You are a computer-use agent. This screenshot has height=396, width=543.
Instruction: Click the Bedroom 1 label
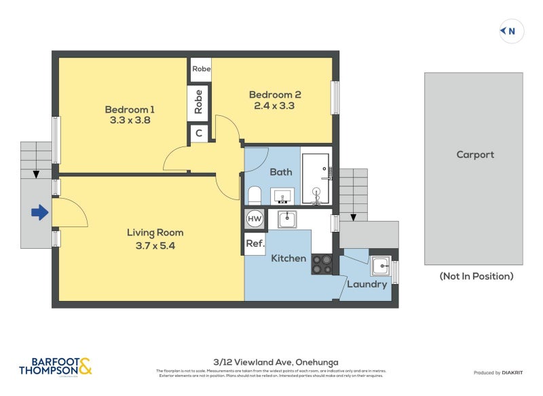pyautogui.click(x=130, y=109)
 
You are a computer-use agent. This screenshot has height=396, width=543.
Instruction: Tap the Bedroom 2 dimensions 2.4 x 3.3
pyautogui.click(x=274, y=106)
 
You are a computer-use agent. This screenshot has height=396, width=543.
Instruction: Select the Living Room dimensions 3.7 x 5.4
pyautogui.click(x=155, y=246)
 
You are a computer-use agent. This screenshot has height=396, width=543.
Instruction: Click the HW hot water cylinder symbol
pyautogui.click(x=255, y=219)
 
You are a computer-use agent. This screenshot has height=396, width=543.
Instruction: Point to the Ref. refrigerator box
pyautogui.click(x=255, y=243)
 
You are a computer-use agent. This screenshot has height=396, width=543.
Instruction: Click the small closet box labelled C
pyautogui.click(x=199, y=134)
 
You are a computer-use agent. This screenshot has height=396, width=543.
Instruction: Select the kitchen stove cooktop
pyautogui.click(x=322, y=264)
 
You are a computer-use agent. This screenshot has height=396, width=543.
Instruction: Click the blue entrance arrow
pyautogui.click(x=40, y=213)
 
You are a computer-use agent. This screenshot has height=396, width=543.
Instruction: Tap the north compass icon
pyautogui.click(x=512, y=31)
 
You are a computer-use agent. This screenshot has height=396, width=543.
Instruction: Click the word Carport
pyautogui.click(x=475, y=155)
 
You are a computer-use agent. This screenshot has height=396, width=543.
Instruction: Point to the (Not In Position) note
pyautogui.click(x=476, y=276)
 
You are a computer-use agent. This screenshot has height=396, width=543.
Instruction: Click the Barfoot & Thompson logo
pyautogui.click(x=56, y=366)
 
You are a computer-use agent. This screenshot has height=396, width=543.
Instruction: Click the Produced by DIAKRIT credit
pyautogui.click(x=498, y=373)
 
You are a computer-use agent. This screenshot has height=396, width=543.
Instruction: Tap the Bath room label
pyautogui.click(x=281, y=172)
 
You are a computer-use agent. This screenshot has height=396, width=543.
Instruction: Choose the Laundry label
pyautogui.click(x=367, y=284)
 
